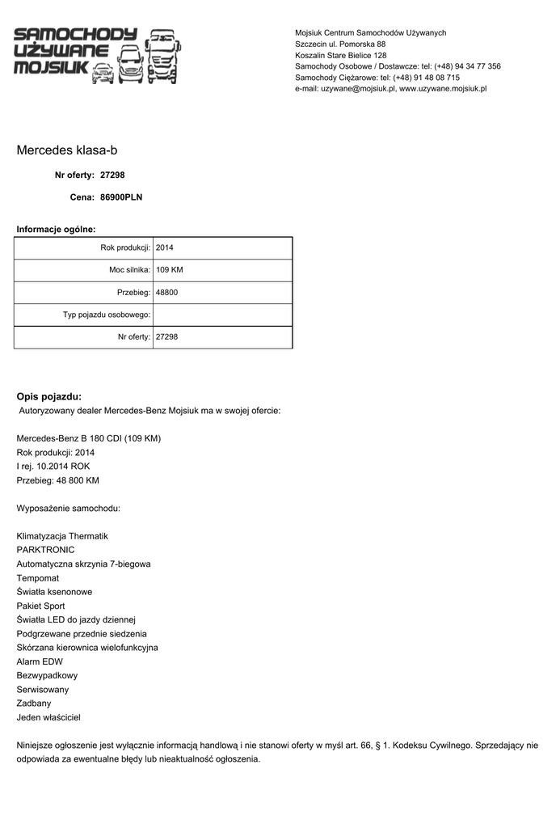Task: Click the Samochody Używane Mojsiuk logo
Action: (97, 55)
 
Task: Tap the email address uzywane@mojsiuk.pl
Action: (358, 89)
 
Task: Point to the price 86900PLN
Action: (121, 196)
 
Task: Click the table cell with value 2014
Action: (165, 247)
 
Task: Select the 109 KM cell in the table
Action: (170, 269)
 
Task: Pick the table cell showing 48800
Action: (167, 292)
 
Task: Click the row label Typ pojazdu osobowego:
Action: (107, 315)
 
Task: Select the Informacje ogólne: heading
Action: (56, 230)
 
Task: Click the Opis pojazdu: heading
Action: (48, 396)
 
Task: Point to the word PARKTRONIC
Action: (45, 550)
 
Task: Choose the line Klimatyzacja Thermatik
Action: (62, 536)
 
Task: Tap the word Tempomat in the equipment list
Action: (38, 578)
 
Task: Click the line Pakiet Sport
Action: (40, 606)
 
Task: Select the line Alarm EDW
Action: (40, 661)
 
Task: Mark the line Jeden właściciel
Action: (48, 717)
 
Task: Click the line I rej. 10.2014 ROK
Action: (53, 467)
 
